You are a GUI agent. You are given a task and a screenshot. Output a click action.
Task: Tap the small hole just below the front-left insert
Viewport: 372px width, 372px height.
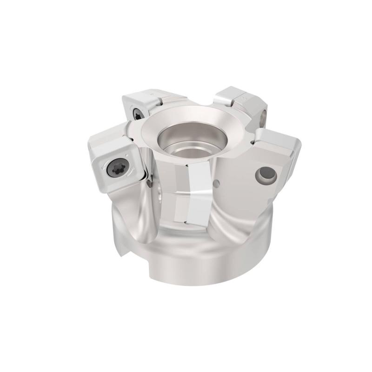(x=148, y=185)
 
